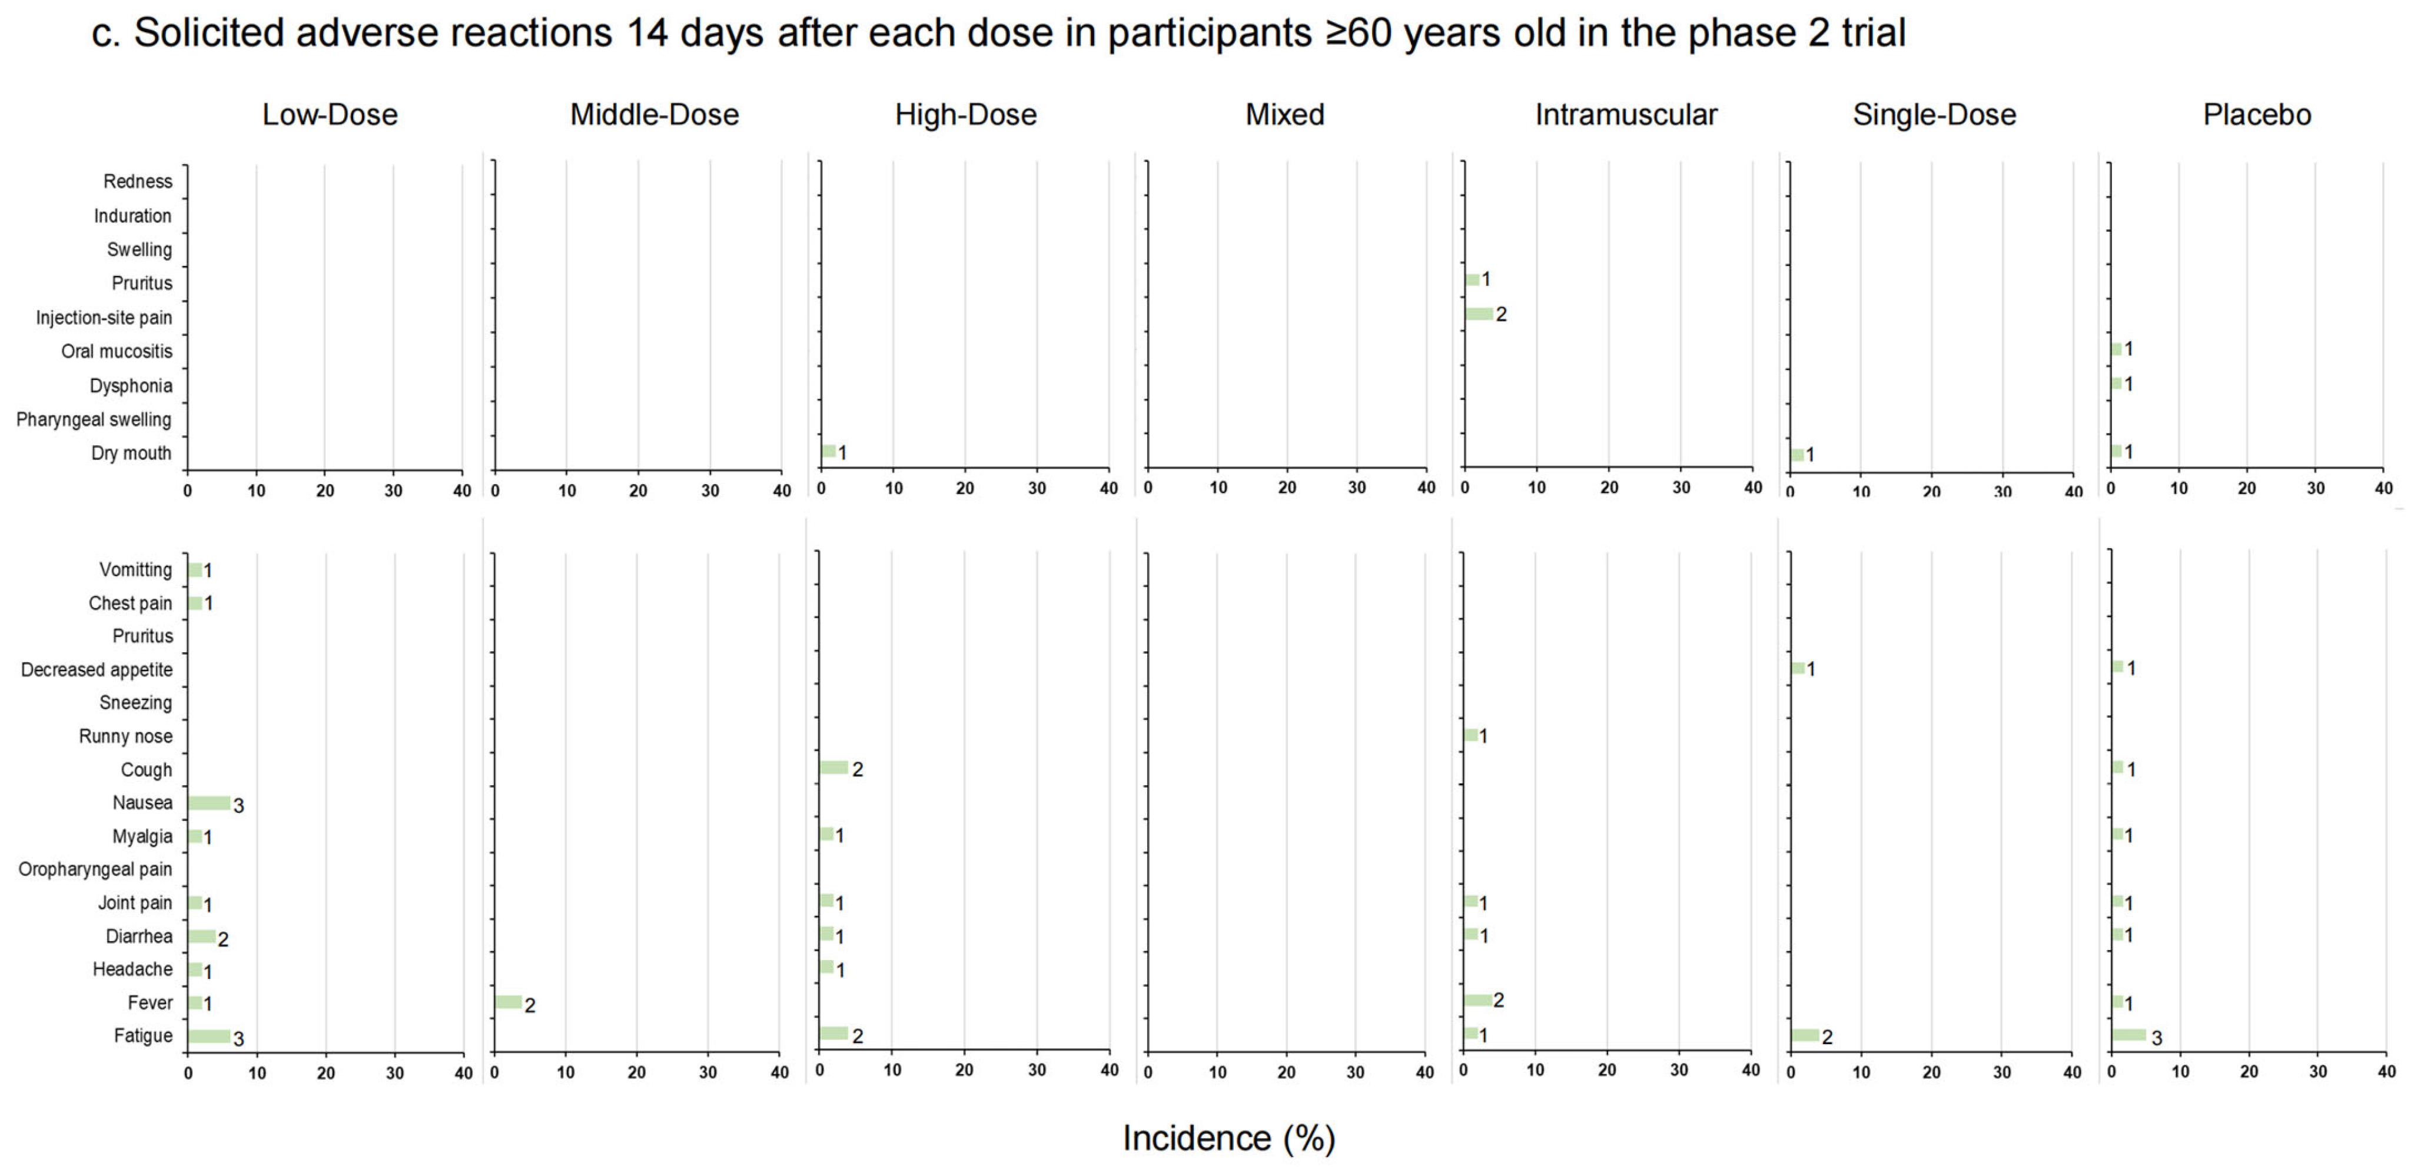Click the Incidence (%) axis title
pyautogui.click(x=1228, y=1138)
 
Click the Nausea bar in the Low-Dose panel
pyautogui.click(x=209, y=802)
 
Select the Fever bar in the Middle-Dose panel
pyautogui.click(x=508, y=1002)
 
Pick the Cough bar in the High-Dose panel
pyautogui.click(x=834, y=768)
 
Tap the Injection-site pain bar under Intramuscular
pyautogui.click(x=1479, y=314)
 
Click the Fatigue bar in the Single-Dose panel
pyautogui.click(x=1805, y=1035)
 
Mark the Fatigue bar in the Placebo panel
pyautogui.click(x=2128, y=1035)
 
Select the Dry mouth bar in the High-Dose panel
pyautogui.click(x=828, y=451)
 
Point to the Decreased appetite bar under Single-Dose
pyautogui.click(x=1798, y=668)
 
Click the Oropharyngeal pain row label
pyautogui.click(x=95, y=869)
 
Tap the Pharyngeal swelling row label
pyautogui.click(x=94, y=419)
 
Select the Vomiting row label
pyautogui.click(x=136, y=569)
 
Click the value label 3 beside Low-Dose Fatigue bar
pyautogui.click(x=238, y=1038)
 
